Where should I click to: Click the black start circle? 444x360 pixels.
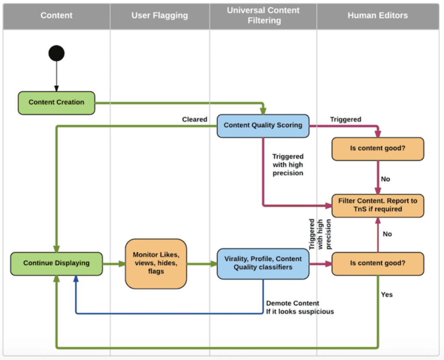click(x=56, y=53)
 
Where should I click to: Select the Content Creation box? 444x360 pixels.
click(x=56, y=103)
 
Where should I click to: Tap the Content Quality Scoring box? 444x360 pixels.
click(x=263, y=125)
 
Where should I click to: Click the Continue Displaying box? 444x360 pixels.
click(x=56, y=263)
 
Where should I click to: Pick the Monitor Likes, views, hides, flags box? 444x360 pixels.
click(x=156, y=263)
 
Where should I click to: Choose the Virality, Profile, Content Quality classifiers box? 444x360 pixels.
click(x=263, y=263)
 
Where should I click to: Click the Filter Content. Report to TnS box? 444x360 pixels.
click(x=377, y=205)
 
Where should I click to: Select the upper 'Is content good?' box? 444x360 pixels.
click(x=377, y=149)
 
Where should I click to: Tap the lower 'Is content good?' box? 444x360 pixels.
click(x=377, y=263)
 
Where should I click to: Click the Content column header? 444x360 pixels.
click(x=56, y=16)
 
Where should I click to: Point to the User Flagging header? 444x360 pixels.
click(x=160, y=16)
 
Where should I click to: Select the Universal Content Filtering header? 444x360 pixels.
click(x=263, y=16)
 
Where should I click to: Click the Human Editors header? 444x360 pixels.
click(x=377, y=16)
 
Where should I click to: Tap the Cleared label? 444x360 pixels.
click(x=195, y=119)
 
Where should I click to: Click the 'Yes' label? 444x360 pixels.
click(x=387, y=295)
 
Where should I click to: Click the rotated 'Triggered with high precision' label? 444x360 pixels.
click(x=320, y=234)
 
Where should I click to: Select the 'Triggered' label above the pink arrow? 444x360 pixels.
click(x=346, y=119)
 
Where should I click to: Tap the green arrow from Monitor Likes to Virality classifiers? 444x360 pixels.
click(x=202, y=263)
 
